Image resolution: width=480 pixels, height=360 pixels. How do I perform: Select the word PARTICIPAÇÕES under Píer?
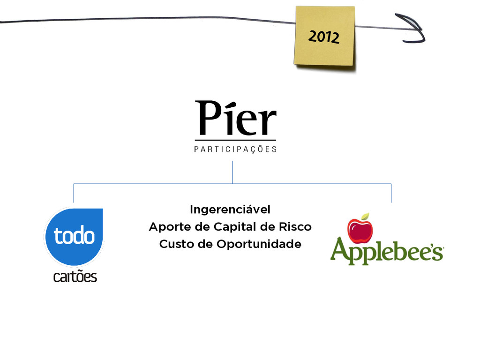tap(235, 150)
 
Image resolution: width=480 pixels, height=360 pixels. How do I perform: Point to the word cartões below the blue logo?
tap(75, 277)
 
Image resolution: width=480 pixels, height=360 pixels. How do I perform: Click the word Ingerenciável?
tap(230, 209)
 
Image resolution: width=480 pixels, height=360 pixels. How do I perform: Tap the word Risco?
tap(295, 227)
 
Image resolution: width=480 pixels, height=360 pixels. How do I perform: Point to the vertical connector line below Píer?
tap(232, 172)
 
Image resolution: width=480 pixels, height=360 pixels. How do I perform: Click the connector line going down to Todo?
tap(74, 193)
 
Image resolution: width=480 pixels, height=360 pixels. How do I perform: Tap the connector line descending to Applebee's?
tap(391, 193)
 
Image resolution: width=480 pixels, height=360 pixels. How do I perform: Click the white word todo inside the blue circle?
tap(74, 236)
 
